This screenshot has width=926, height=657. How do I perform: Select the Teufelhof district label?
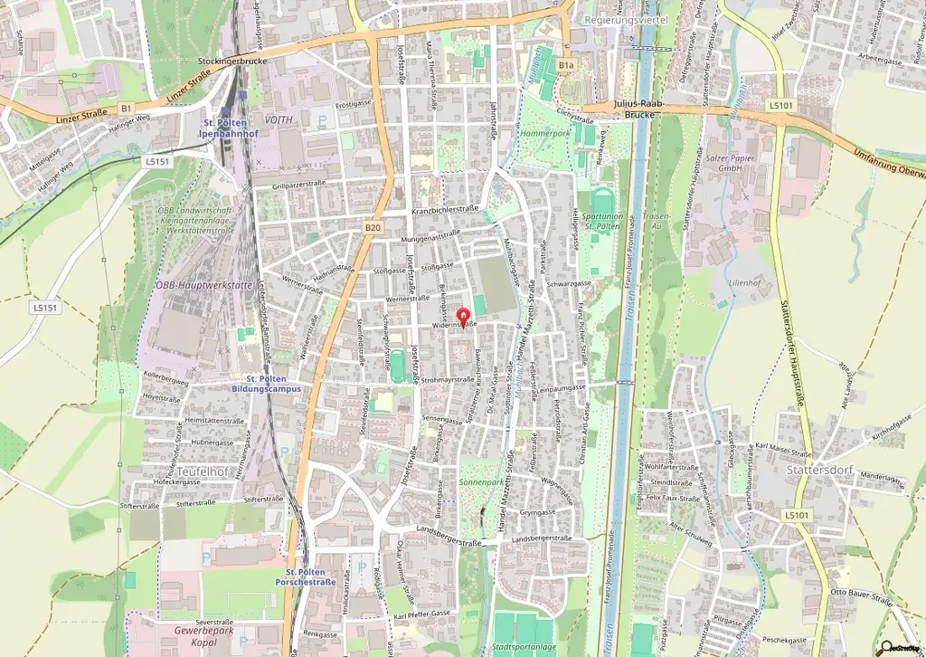pos(202,471)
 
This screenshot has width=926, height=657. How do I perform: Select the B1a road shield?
pos(566,65)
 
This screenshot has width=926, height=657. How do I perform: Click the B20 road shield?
pos(373,228)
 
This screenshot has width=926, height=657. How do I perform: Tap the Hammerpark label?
pos(544,132)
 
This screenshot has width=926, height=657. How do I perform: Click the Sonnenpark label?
pos(481,483)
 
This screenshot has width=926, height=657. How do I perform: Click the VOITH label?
pos(279,119)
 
